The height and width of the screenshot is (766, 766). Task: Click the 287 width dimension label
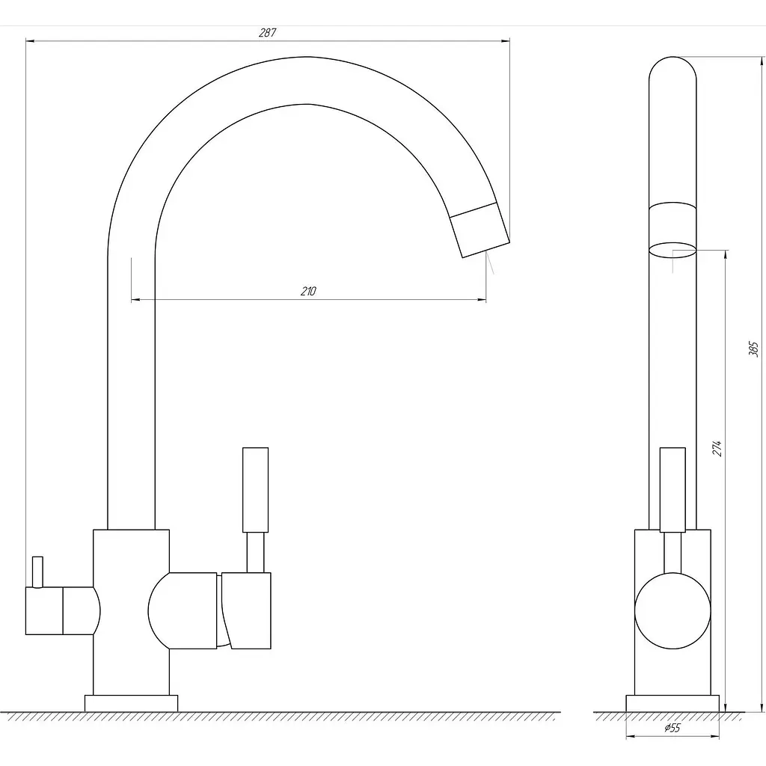tap(267, 33)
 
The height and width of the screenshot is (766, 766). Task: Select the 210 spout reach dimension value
tap(308, 291)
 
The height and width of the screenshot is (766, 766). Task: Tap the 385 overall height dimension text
tap(753, 349)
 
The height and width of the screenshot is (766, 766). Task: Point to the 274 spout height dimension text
tap(717, 448)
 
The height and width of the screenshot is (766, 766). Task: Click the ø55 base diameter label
tap(672, 728)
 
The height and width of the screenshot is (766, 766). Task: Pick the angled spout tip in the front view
tap(479, 230)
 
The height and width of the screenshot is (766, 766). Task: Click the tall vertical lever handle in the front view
tap(256, 489)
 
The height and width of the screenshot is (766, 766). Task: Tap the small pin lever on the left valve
tap(37, 572)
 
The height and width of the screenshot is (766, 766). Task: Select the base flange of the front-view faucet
tap(132, 703)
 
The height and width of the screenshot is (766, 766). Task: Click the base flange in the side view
tap(672, 703)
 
